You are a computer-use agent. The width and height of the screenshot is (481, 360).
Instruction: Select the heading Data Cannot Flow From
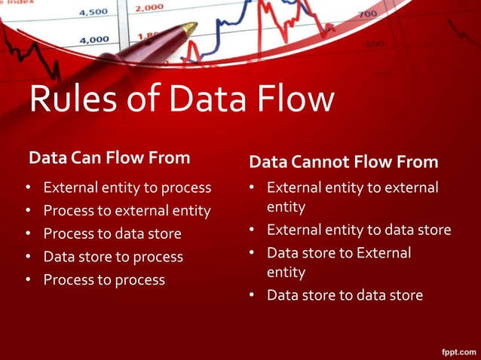point(343,162)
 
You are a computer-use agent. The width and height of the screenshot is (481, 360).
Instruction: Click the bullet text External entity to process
point(127,187)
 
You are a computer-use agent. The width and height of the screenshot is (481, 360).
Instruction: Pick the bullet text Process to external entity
point(127,210)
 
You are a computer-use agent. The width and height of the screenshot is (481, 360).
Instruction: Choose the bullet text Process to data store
point(112,233)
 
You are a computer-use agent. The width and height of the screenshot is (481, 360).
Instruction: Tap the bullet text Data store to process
point(113,257)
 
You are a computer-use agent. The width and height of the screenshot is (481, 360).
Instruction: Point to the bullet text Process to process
point(104,279)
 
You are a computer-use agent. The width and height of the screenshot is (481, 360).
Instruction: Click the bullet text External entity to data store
point(359,230)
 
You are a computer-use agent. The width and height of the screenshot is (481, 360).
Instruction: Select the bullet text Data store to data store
point(345,294)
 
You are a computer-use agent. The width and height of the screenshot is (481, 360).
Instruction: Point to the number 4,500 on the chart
point(93,12)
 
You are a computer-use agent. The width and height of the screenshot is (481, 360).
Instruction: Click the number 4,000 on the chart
point(93,40)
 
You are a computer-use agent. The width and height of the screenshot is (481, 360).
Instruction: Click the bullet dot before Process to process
point(28,280)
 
